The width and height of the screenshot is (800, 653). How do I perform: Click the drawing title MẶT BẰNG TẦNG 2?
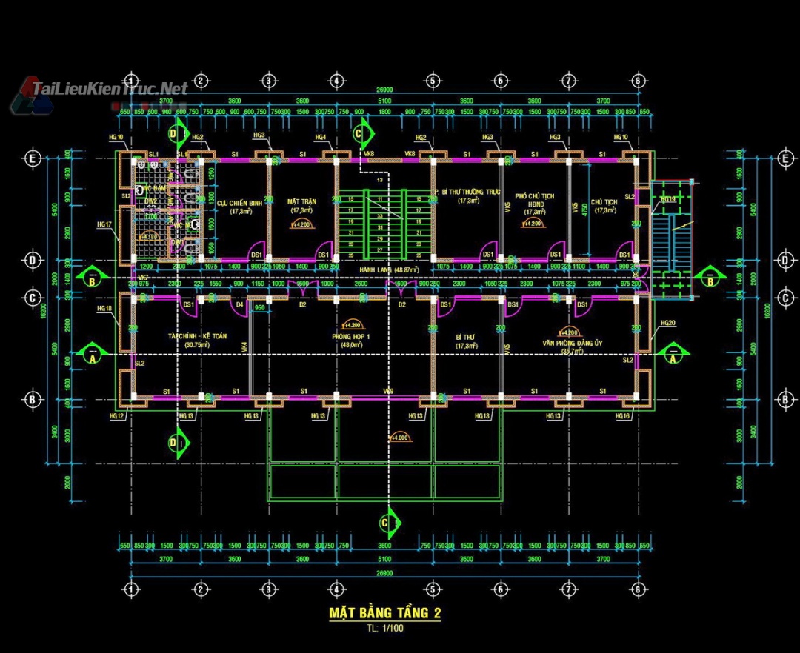pyautogui.click(x=384, y=613)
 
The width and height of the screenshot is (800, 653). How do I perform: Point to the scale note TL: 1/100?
pyautogui.click(x=385, y=629)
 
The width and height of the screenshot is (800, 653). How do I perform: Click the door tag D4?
pyautogui.click(x=239, y=304)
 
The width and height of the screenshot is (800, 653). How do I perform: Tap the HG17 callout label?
pyautogui.click(x=104, y=224)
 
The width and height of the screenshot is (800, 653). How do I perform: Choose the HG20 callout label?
pyautogui.click(x=667, y=323)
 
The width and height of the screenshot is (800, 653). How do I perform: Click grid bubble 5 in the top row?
pyautogui.click(x=433, y=81)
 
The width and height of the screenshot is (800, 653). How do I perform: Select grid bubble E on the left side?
pyautogui.click(x=32, y=158)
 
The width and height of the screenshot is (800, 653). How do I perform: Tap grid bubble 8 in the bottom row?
pyautogui.click(x=638, y=590)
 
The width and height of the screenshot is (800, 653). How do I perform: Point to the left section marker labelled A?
pyautogui.click(x=91, y=355)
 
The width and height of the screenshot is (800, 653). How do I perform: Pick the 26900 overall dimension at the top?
pyautogui.click(x=384, y=90)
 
